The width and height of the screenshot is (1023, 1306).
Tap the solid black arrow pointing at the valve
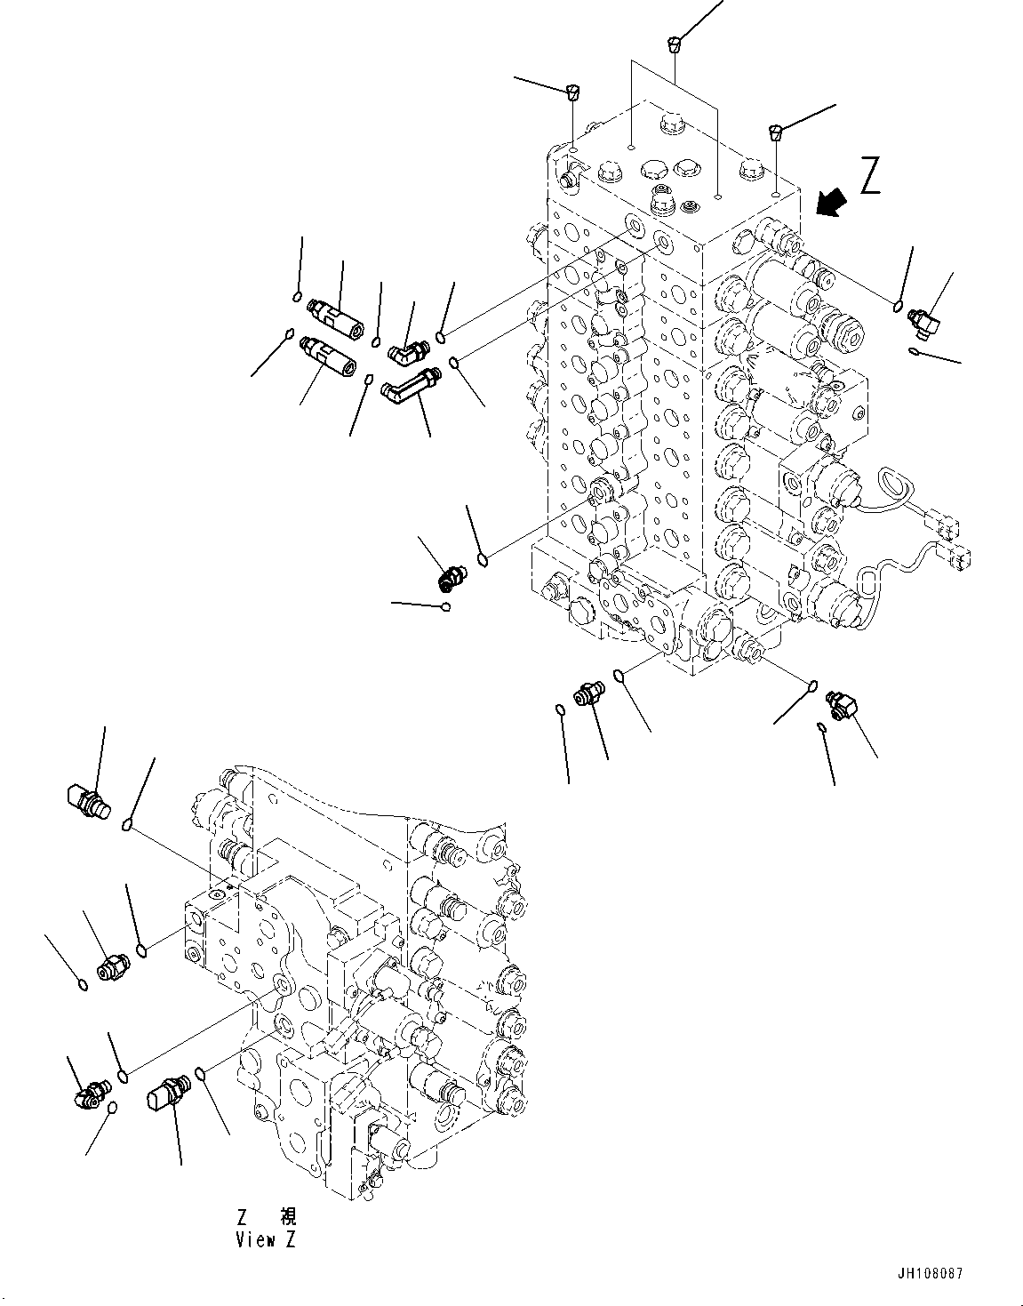coord(829,204)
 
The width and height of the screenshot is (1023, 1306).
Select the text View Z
coord(266,1240)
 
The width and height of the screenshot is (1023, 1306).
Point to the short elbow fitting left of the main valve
coord(403,354)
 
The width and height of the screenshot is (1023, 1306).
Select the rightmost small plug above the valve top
coord(776,132)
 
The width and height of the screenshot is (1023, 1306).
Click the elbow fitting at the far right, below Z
coord(922,320)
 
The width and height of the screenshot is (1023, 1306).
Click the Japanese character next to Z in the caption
coord(287,1216)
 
